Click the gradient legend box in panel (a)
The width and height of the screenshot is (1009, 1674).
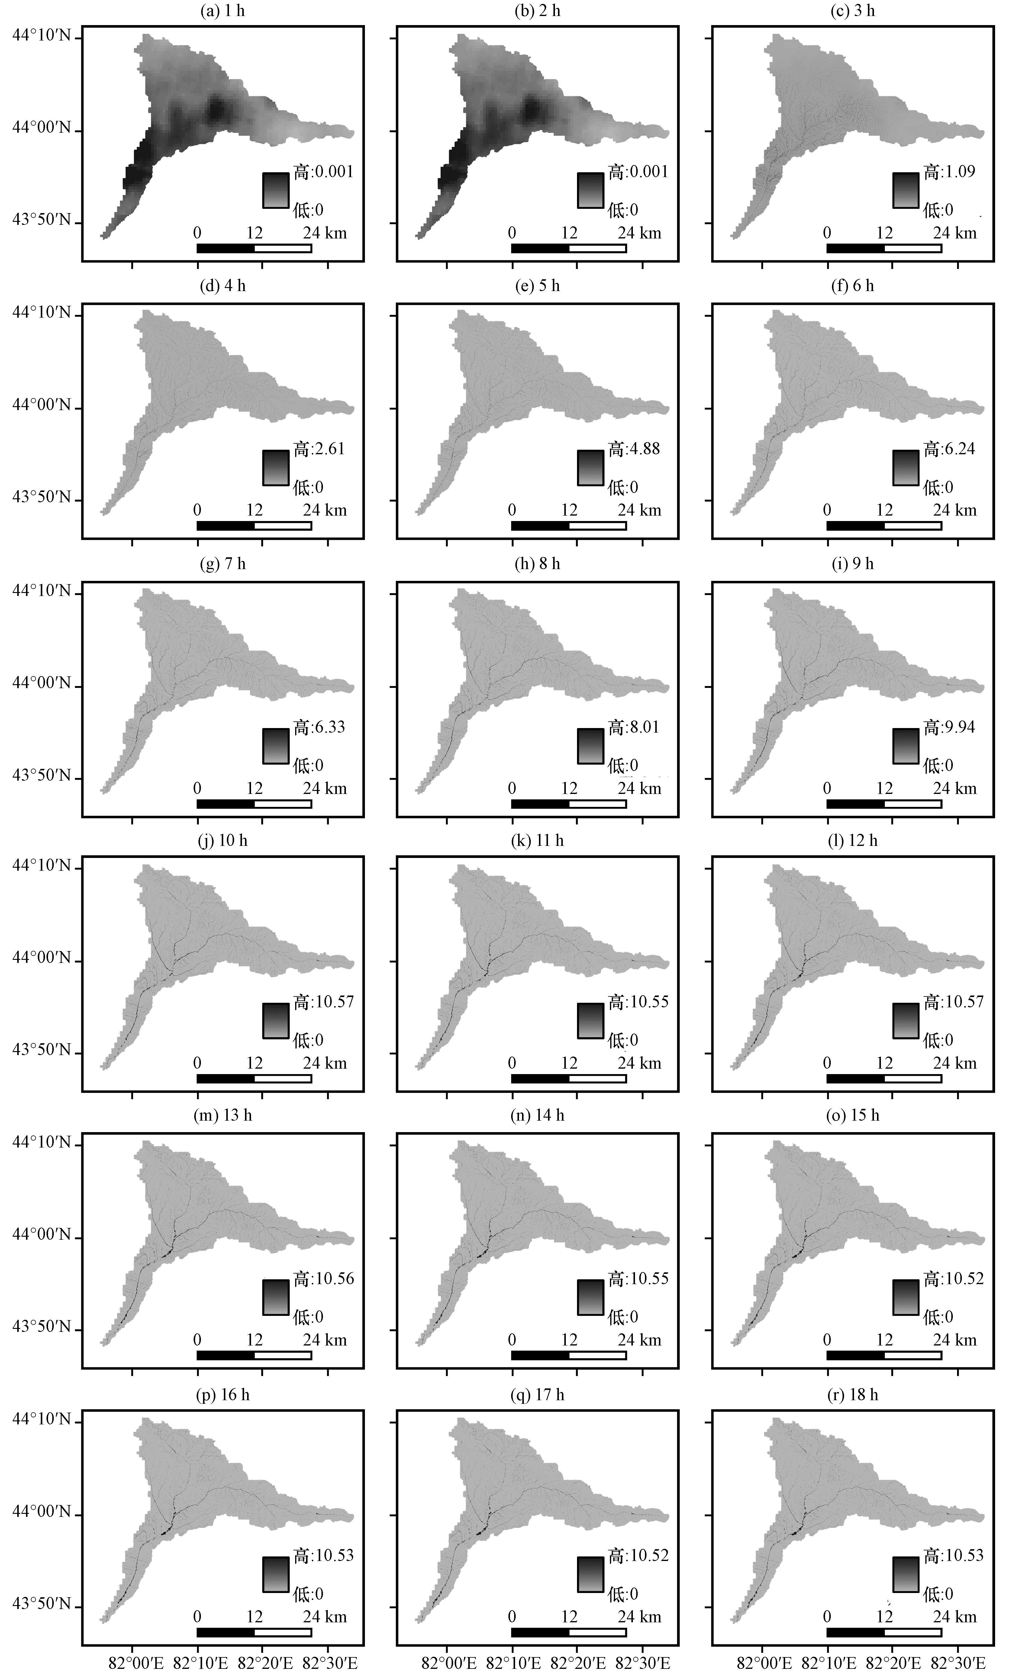(276, 190)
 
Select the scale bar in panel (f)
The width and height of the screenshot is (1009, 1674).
(884, 525)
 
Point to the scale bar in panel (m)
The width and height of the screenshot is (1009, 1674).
(254, 1355)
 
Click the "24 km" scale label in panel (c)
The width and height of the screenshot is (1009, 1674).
(955, 233)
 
